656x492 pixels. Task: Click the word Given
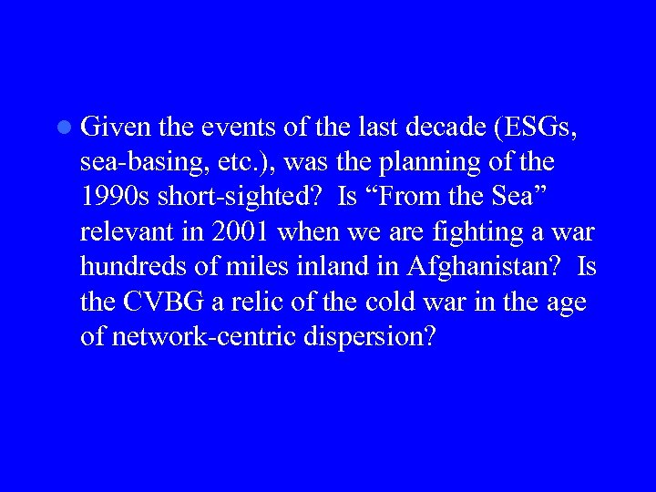110,128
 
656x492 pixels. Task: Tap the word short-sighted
239,198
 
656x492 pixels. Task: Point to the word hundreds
127,267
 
